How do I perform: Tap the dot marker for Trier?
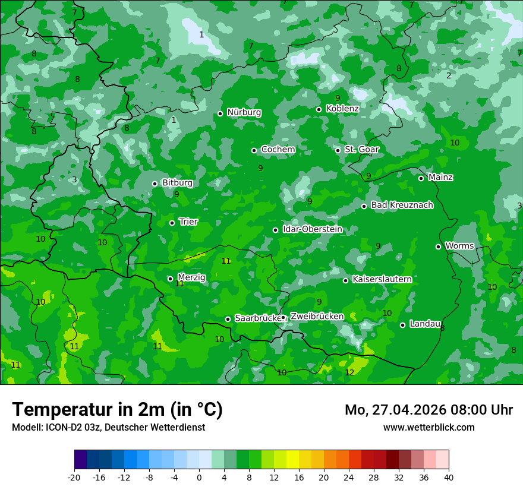[x=172, y=223]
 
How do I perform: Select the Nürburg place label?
[x=244, y=112]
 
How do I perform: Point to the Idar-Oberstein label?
[x=312, y=229]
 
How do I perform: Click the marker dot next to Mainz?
[x=421, y=178]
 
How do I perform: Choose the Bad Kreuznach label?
[x=402, y=205]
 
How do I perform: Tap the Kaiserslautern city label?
[x=382, y=279]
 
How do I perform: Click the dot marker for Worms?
[x=438, y=246]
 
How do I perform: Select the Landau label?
[x=424, y=324]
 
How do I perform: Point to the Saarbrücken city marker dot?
[x=228, y=319]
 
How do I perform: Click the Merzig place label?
[x=191, y=277]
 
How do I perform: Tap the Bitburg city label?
[x=177, y=183]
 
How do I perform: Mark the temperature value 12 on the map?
[x=349, y=372]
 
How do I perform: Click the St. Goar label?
[x=361, y=150]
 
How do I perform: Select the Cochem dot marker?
[x=254, y=150]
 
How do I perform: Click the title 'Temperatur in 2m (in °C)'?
[x=117, y=409]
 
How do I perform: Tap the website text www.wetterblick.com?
[x=429, y=427]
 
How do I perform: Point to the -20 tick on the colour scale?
[x=74, y=477]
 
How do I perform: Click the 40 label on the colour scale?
[x=448, y=477]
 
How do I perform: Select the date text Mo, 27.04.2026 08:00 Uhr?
[x=429, y=410]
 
